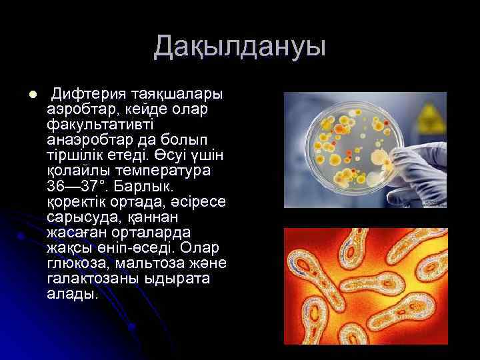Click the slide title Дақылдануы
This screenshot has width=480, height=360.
pyautogui.click(x=239, y=47)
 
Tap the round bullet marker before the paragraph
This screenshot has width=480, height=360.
pyautogui.click(x=23, y=93)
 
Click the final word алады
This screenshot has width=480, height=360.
pyautogui.click(x=72, y=293)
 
